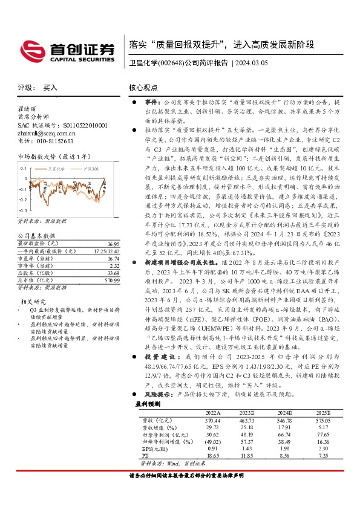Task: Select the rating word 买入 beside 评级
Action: [50, 88]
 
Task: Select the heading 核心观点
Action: [144, 88]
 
